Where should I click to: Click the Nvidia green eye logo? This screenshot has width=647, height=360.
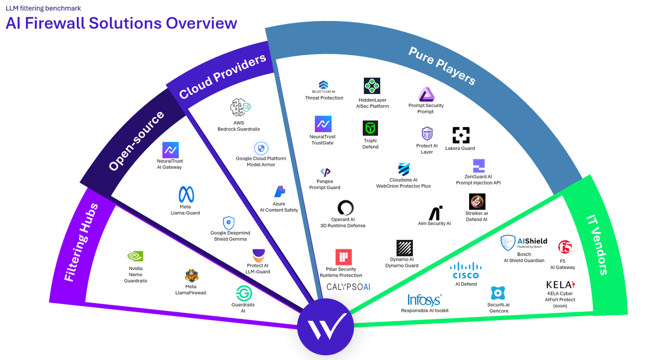point(135,256)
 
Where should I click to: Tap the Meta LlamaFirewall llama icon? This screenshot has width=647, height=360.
point(191,276)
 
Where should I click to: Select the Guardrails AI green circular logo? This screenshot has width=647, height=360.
point(243,293)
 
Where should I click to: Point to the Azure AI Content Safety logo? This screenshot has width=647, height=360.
point(279,191)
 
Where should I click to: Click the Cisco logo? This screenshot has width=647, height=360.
point(465,270)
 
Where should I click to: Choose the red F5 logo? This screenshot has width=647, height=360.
point(565,247)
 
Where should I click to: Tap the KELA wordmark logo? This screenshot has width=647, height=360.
point(560,285)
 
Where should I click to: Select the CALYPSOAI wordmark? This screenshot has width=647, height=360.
point(348,287)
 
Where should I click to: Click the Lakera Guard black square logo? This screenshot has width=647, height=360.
point(461,135)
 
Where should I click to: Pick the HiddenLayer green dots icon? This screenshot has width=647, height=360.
point(372,86)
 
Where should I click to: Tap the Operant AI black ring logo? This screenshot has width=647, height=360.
point(345,208)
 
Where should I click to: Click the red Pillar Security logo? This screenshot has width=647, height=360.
point(344,257)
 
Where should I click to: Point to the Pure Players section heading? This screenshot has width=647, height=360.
point(442,66)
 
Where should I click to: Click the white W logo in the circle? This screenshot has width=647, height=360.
point(326,326)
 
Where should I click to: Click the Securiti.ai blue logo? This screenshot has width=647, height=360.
point(498,293)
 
